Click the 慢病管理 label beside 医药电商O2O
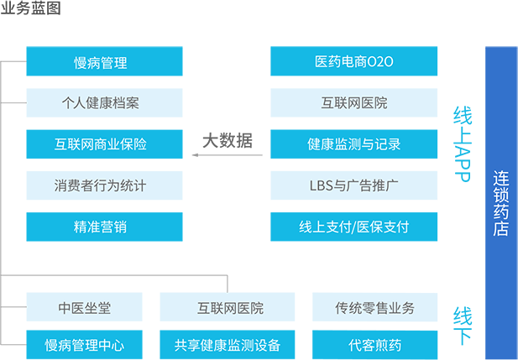(100, 62)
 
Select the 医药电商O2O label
(354, 62)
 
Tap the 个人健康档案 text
(100, 103)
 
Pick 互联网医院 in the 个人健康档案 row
(354, 103)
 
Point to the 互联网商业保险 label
(100, 144)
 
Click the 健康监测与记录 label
(354, 144)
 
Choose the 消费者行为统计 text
(100, 185)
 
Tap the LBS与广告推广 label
(354, 185)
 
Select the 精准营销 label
(100, 227)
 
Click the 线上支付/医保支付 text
(354, 227)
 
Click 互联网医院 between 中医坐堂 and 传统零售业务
(230, 308)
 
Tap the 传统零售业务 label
(374, 308)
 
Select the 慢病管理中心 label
(84, 345)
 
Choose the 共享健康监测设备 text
(228, 345)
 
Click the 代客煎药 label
(374, 345)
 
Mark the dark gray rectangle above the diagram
(30, 7)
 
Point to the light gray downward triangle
(227, 172)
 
